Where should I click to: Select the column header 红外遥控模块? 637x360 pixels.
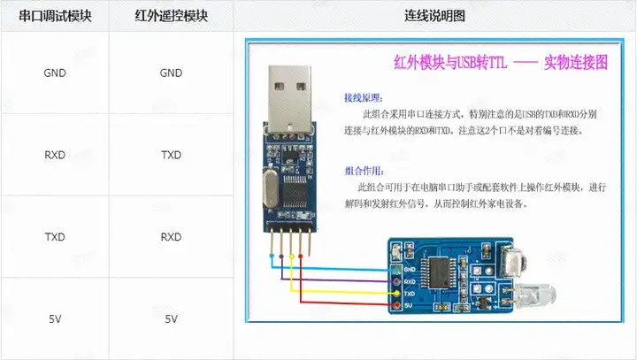coord(171,16)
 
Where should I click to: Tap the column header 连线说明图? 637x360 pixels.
coord(435,16)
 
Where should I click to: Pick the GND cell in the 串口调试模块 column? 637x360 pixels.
coord(54,73)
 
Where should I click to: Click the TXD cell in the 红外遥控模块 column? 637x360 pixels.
coord(171,155)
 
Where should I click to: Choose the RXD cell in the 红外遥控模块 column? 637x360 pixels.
coord(171,237)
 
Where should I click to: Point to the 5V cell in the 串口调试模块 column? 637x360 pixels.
coord(54,318)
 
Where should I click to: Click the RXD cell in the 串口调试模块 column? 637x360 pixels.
coord(54,155)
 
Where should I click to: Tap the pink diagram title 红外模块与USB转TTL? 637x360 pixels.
coord(451,64)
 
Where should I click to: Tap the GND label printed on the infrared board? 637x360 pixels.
coord(409,268)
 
